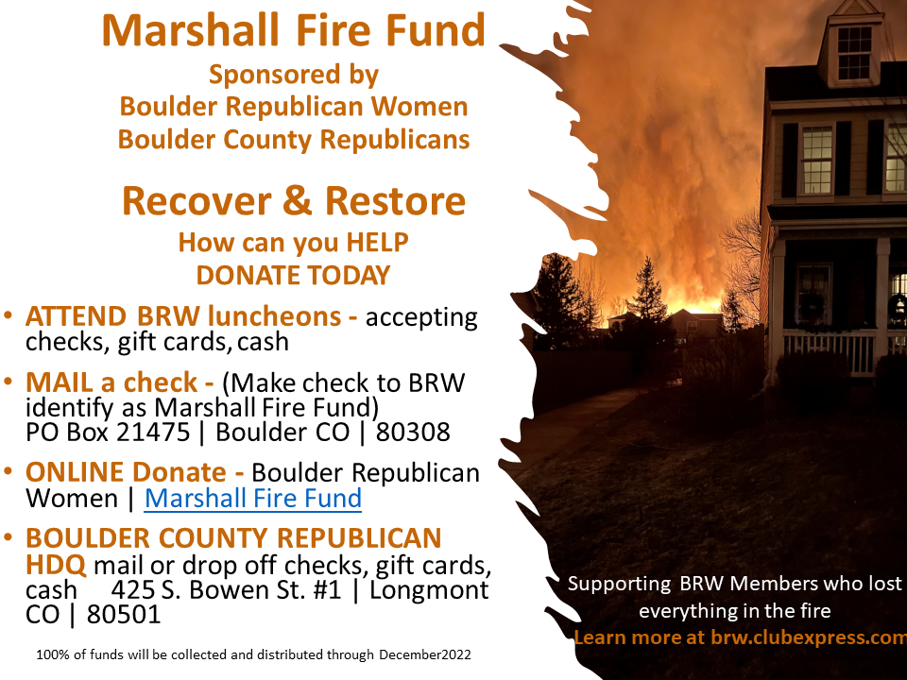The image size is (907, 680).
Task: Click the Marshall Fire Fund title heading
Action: (293, 30)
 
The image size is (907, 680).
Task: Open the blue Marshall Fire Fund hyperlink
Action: (253, 499)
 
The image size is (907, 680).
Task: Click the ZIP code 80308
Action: (413, 432)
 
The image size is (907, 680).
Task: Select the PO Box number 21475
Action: (153, 432)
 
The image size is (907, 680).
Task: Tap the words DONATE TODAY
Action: (293, 275)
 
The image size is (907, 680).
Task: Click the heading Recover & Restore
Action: (294, 200)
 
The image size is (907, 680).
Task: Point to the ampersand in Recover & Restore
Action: (298, 200)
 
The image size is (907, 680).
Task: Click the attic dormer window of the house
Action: (854, 53)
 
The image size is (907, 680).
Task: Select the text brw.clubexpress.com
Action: (809, 637)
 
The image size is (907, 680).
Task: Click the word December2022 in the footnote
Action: (425, 654)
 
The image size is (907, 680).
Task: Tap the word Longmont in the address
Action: (429, 589)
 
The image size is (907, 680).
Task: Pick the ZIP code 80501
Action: (124, 615)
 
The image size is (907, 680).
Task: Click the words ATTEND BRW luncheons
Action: (183, 316)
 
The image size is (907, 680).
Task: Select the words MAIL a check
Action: (111, 382)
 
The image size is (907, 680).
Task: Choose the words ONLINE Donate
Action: (126, 472)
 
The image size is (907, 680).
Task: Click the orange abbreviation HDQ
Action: (56, 565)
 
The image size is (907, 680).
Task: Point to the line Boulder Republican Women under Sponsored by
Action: (294, 107)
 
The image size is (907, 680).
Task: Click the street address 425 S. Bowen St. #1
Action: (226, 589)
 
